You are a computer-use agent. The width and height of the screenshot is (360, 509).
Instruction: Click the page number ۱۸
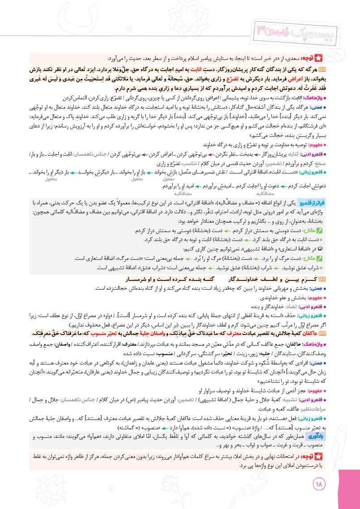(321, 484)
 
